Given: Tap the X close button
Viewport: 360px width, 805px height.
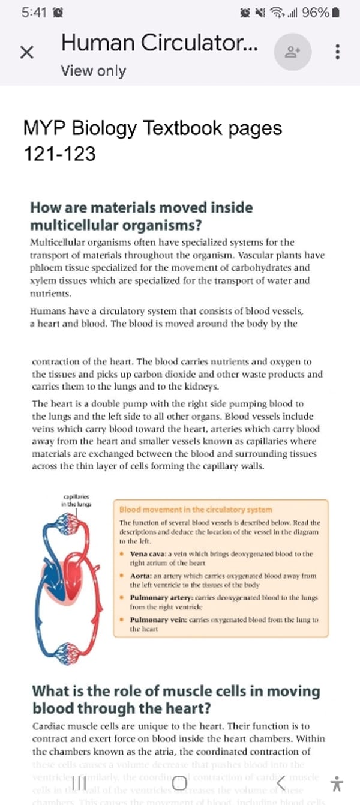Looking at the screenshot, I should coord(26,52).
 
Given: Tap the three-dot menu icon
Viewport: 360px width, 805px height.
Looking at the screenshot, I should coord(338,52).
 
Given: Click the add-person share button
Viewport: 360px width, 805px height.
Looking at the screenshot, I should coord(293,52).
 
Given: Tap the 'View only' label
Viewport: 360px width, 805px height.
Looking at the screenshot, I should coord(93,71).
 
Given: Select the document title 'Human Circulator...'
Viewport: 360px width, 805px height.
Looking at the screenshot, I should coord(160,43).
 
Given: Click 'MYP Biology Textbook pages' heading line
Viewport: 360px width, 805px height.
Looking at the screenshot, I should coord(152,128).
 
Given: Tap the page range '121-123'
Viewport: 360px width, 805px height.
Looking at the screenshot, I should coord(59,154).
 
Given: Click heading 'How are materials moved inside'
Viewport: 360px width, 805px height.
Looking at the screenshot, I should coord(142,208).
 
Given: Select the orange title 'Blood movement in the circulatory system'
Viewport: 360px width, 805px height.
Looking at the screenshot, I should coord(196,510).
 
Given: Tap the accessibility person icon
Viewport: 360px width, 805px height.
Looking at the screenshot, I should coord(337,783).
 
